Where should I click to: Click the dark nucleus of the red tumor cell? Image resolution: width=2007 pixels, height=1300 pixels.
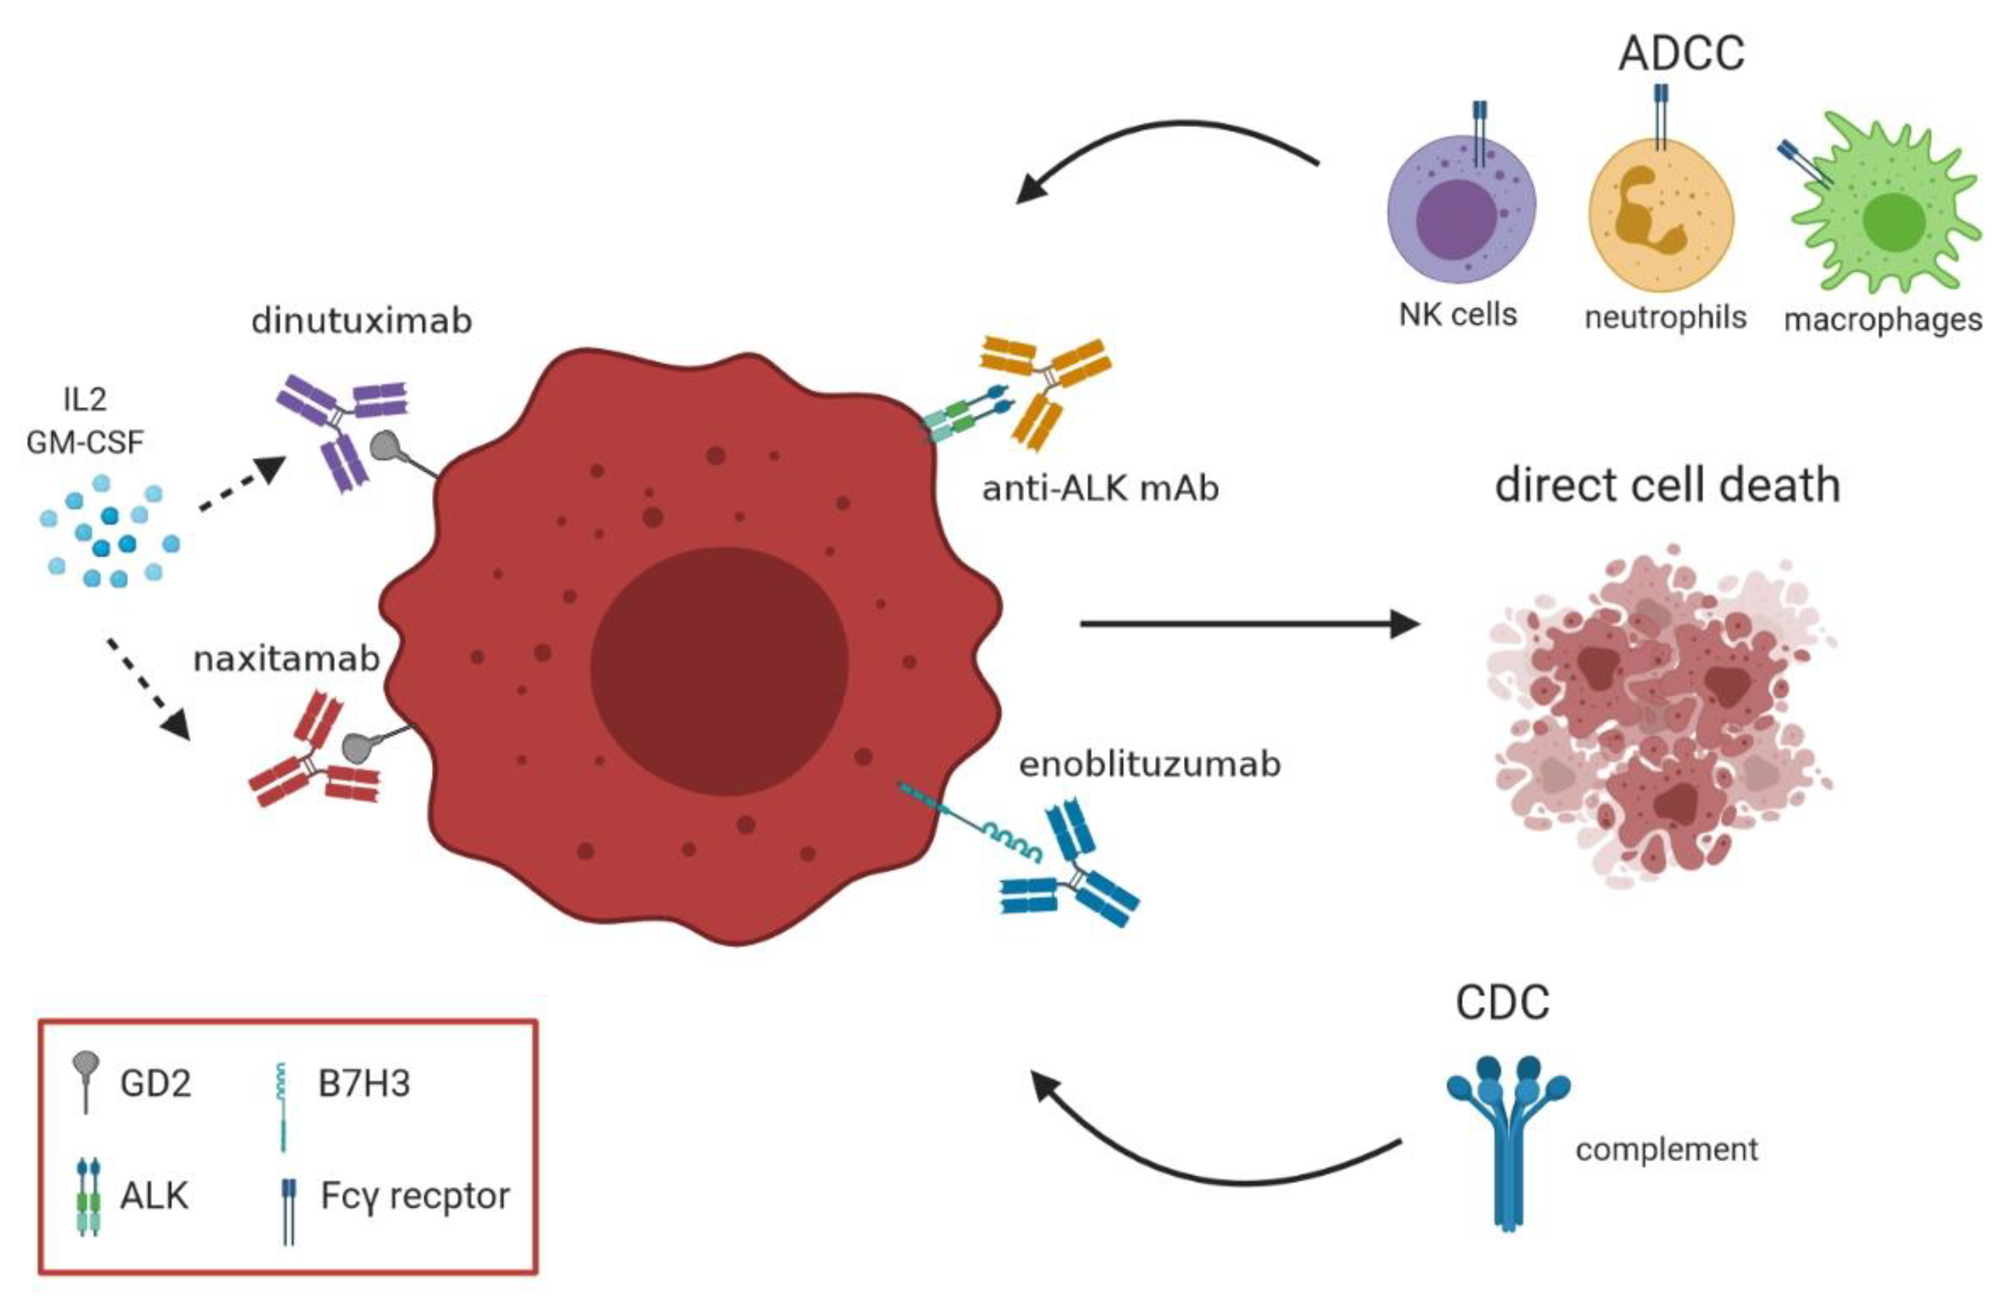(719, 671)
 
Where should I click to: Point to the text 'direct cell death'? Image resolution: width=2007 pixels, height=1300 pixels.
(1667, 486)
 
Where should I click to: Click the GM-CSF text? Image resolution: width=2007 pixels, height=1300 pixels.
(85, 441)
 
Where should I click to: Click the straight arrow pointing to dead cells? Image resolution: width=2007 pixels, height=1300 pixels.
(1248, 624)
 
